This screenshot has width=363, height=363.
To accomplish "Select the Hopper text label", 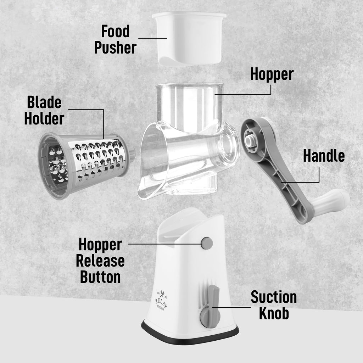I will (x=272, y=74).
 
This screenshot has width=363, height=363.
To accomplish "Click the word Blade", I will (x=44, y=102).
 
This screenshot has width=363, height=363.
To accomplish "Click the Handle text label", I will (x=324, y=156).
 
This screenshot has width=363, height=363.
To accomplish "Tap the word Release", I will (x=100, y=261).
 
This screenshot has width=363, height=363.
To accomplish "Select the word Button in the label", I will (x=100, y=277).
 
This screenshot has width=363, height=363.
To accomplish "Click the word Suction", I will (x=274, y=297).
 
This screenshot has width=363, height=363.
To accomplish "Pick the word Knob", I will (x=274, y=313).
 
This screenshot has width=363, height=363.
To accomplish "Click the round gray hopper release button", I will (x=207, y=243).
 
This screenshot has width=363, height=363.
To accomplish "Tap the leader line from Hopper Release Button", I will (x=163, y=244).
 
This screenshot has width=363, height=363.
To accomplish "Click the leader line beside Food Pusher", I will (x=152, y=38).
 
